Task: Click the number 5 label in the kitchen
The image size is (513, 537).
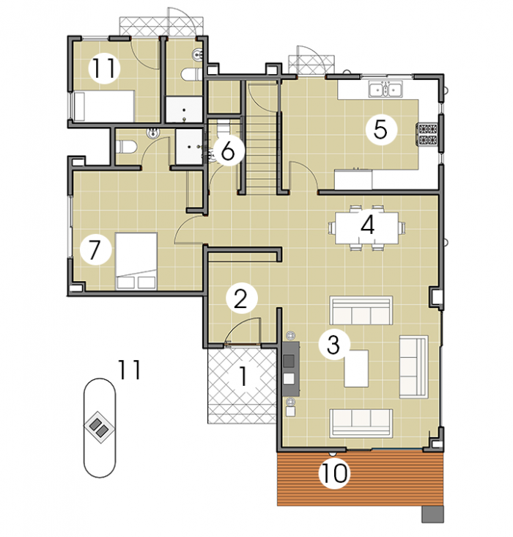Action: click(381, 130)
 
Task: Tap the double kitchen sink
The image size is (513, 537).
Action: click(385, 89)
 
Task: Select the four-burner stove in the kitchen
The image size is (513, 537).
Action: click(427, 134)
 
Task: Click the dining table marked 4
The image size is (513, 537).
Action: click(366, 227)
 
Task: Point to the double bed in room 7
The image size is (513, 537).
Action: click(136, 261)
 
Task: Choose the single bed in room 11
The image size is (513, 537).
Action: click(103, 106)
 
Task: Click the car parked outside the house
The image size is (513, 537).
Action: click(100, 428)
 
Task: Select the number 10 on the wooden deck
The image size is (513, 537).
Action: click(334, 473)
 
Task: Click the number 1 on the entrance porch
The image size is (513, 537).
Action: click(243, 376)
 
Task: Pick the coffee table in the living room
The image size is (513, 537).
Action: click(356, 368)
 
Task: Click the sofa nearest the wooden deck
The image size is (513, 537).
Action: click(361, 423)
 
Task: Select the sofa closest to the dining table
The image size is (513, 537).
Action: click(361, 310)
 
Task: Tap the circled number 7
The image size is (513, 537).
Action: click(95, 249)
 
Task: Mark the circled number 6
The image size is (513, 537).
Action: click(228, 150)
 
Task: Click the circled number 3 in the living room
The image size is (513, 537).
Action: click(333, 344)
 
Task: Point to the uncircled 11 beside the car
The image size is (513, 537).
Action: click(129, 370)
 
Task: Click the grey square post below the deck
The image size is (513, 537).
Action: click(432, 514)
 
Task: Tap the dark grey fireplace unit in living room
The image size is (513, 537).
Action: click(290, 368)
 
